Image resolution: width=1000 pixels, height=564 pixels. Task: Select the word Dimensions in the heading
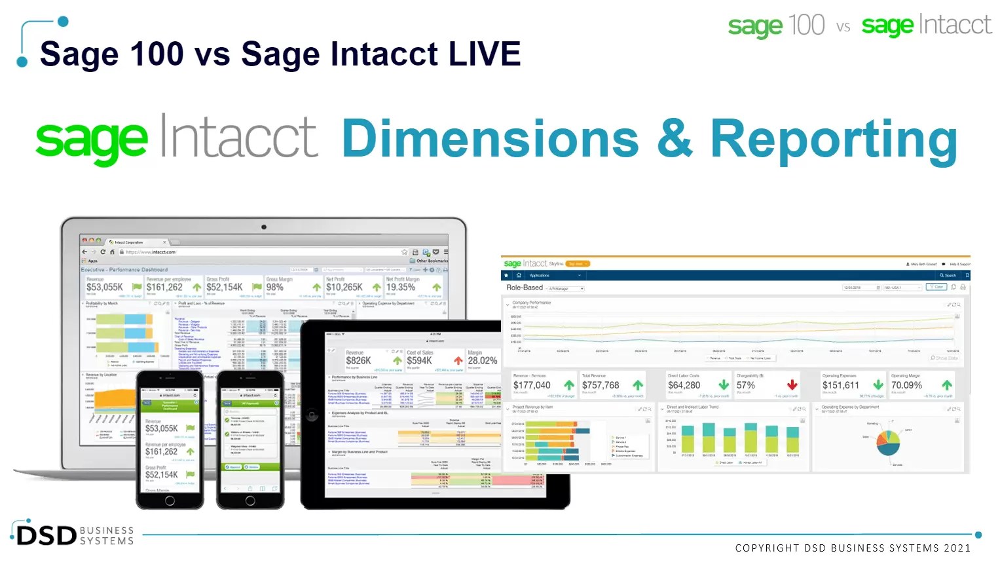[490, 139]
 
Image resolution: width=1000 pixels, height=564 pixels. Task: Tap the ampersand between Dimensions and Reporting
[674, 139]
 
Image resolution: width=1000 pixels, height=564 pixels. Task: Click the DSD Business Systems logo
[73, 535]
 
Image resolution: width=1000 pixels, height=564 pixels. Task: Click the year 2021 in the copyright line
[957, 548]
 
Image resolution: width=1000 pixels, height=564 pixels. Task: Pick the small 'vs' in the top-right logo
[843, 27]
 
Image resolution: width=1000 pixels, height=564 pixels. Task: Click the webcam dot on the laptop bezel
[264, 227]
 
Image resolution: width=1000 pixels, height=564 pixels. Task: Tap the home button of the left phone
[170, 501]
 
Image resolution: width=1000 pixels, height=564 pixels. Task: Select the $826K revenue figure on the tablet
[358, 360]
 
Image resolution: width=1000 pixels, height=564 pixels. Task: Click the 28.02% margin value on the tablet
[482, 360]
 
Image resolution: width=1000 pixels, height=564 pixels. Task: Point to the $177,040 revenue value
[532, 385]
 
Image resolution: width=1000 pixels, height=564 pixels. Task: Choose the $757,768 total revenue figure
[601, 385]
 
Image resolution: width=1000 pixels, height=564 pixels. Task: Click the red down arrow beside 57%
[792, 385]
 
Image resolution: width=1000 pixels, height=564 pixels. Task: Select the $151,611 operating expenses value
[841, 385]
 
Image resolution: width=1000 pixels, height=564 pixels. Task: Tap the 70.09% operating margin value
[906, 385]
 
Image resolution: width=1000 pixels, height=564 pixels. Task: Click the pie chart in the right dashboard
[888, 442]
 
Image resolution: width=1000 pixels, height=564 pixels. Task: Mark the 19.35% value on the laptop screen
[400, 287]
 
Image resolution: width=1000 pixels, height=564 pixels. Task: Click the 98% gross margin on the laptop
[275, 287]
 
